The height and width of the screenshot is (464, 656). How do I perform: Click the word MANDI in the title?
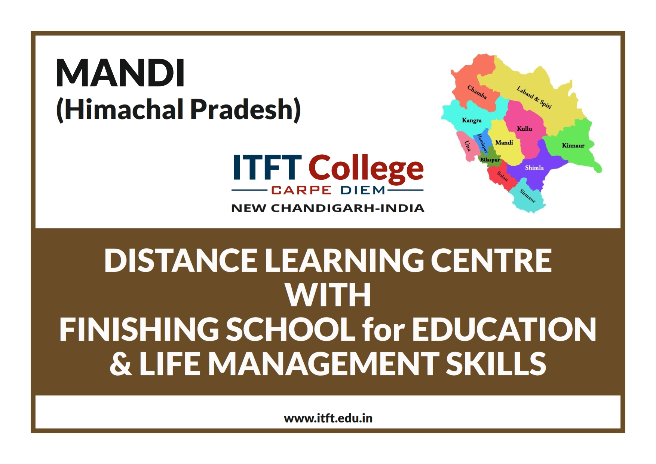(x=120, y=73)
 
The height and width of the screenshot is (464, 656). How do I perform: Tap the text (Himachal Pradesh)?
(x=178, y=109)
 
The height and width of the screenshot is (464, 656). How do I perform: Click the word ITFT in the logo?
(x=267, y=167)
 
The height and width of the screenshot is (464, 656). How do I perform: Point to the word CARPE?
(x=301, y=190)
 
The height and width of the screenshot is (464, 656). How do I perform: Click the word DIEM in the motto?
(x=363, y=190)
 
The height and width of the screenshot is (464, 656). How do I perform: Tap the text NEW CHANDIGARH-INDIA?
(x=328, y=208)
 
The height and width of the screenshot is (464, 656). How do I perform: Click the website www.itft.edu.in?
(x=328, y=418)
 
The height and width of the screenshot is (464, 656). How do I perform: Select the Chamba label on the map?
(x=477, y=93)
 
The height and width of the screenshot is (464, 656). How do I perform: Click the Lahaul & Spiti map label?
(x=534, y=97)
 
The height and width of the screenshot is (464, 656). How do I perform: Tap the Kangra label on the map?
(x=472, y=120)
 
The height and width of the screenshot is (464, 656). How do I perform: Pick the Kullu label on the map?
(x=524, y=128)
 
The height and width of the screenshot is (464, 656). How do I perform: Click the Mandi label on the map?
(x=504, y=142)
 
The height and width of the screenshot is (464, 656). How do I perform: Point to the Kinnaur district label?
(x=573, y=145)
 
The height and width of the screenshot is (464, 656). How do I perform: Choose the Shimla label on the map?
(x=534, y=167)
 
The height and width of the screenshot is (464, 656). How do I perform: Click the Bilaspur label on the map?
(x=490, y=160)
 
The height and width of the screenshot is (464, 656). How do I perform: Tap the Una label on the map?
(x=467, y=145)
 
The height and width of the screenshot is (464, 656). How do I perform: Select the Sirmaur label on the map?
(x=528, y=195)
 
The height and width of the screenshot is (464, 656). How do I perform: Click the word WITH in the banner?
(x=328, y=295)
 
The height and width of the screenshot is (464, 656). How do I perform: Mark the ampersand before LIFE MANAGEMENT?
(x=120, y=364)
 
